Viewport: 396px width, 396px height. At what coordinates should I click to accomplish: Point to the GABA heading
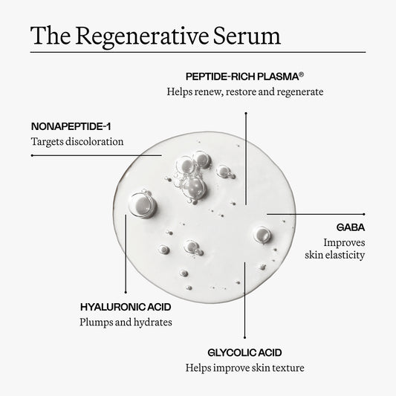click(x=351, y=226)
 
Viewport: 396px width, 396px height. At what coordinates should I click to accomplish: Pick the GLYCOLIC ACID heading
click(x=245, y=351)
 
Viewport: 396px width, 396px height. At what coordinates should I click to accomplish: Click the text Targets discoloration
click(x=77, y=141)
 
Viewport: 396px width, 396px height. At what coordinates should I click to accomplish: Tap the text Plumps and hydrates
click(x=126, y=322)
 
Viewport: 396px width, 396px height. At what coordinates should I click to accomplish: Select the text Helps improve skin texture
click(x=245, y=368)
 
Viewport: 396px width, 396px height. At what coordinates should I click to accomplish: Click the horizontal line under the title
click(x=198, y=52)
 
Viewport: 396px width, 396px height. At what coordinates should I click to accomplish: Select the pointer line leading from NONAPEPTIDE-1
click(x=89, y=155)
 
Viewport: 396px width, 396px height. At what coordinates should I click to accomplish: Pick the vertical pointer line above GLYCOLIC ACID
click(x=245, y=305)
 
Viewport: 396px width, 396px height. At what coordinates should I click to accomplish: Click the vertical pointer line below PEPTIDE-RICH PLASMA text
click(x=245, y=156)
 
